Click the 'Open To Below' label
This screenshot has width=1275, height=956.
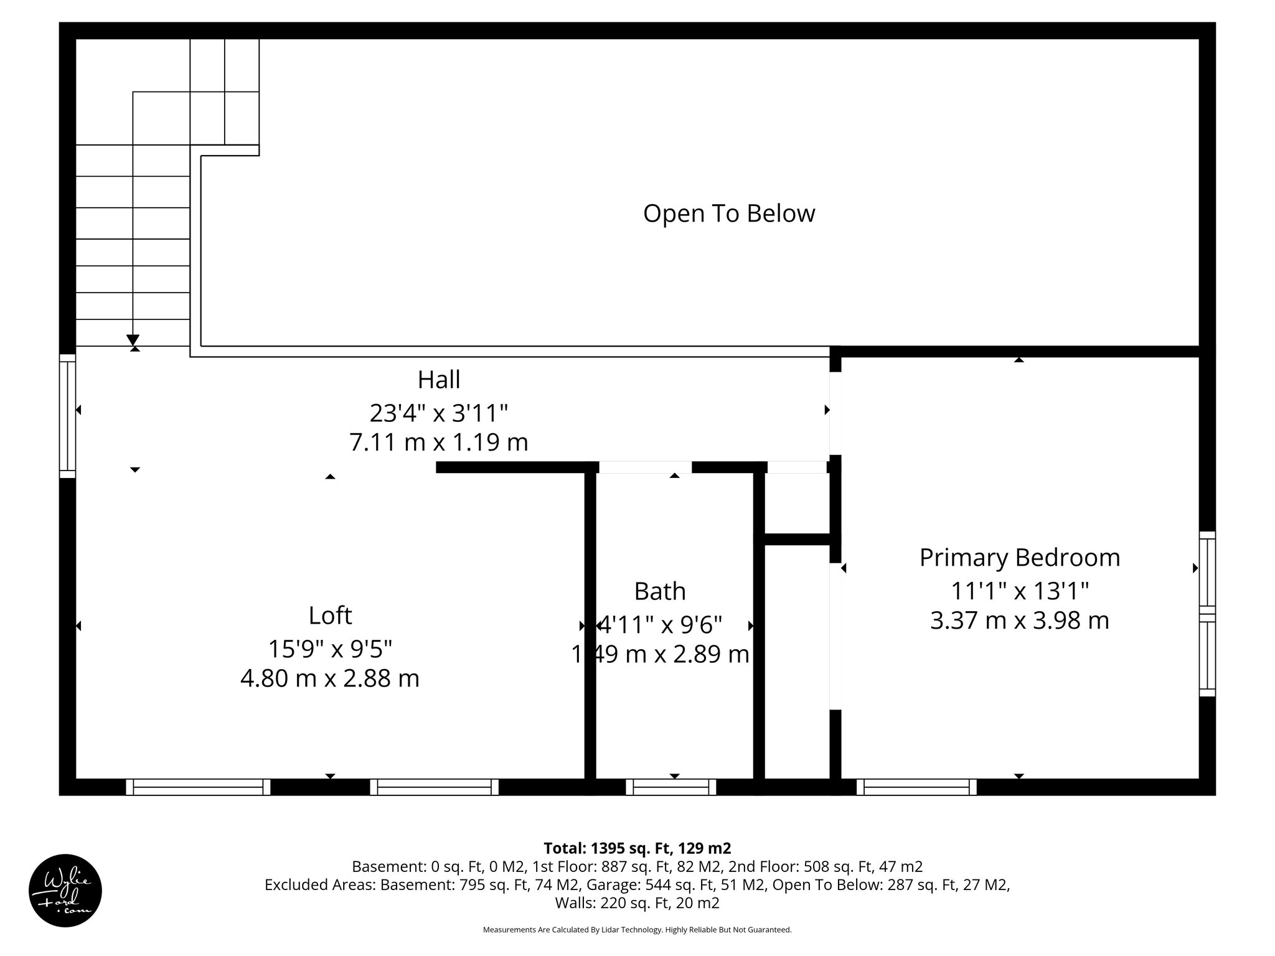728,213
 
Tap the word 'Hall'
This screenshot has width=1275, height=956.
439,380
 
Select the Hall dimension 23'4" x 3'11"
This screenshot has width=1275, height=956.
439,412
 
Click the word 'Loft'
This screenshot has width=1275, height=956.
330,616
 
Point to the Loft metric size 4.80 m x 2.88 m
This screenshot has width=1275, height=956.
330,678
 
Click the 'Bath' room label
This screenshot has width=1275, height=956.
660,591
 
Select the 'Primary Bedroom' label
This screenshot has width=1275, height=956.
1019,557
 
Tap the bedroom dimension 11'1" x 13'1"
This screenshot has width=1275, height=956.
1019,590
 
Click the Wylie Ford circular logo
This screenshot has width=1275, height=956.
65,891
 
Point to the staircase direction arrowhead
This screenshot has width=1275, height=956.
133,340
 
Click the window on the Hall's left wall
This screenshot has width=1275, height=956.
68,416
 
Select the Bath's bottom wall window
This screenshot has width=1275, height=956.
671,787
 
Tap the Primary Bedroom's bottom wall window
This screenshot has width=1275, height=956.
916,787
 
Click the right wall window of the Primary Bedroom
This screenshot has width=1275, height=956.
1207,614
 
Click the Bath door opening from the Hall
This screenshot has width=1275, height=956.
645,467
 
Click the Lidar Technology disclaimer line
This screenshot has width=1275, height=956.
637,930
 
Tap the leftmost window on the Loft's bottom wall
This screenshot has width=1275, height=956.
198,787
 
